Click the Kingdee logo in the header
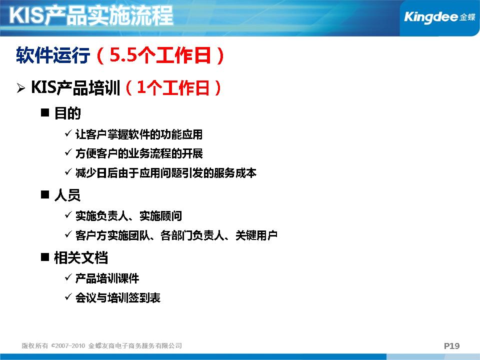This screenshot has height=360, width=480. [439, 17]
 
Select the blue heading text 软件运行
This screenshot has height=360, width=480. [53, 55]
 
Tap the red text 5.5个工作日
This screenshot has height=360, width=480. [160, 55]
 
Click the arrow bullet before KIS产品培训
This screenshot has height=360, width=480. [21, 88]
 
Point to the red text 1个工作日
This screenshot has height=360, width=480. [173, 88]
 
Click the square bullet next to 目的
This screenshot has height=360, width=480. [45, 112]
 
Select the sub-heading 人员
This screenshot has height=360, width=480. [67, 195]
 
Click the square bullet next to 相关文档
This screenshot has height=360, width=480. [45, 257]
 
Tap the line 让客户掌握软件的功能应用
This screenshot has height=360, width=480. [139, 134]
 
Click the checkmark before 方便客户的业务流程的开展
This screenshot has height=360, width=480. [68, 152]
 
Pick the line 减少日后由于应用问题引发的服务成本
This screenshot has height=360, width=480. [166, 173]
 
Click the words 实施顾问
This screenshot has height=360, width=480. [160, 216]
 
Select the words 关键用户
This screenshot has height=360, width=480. [256, 235]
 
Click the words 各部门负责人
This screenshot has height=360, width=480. [192, 235]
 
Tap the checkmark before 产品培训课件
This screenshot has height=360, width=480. [68, 277]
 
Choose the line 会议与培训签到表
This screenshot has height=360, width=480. [118, 297]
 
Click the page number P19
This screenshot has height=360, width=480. [452, 346]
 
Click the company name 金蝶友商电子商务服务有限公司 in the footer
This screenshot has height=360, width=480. [135, 345]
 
